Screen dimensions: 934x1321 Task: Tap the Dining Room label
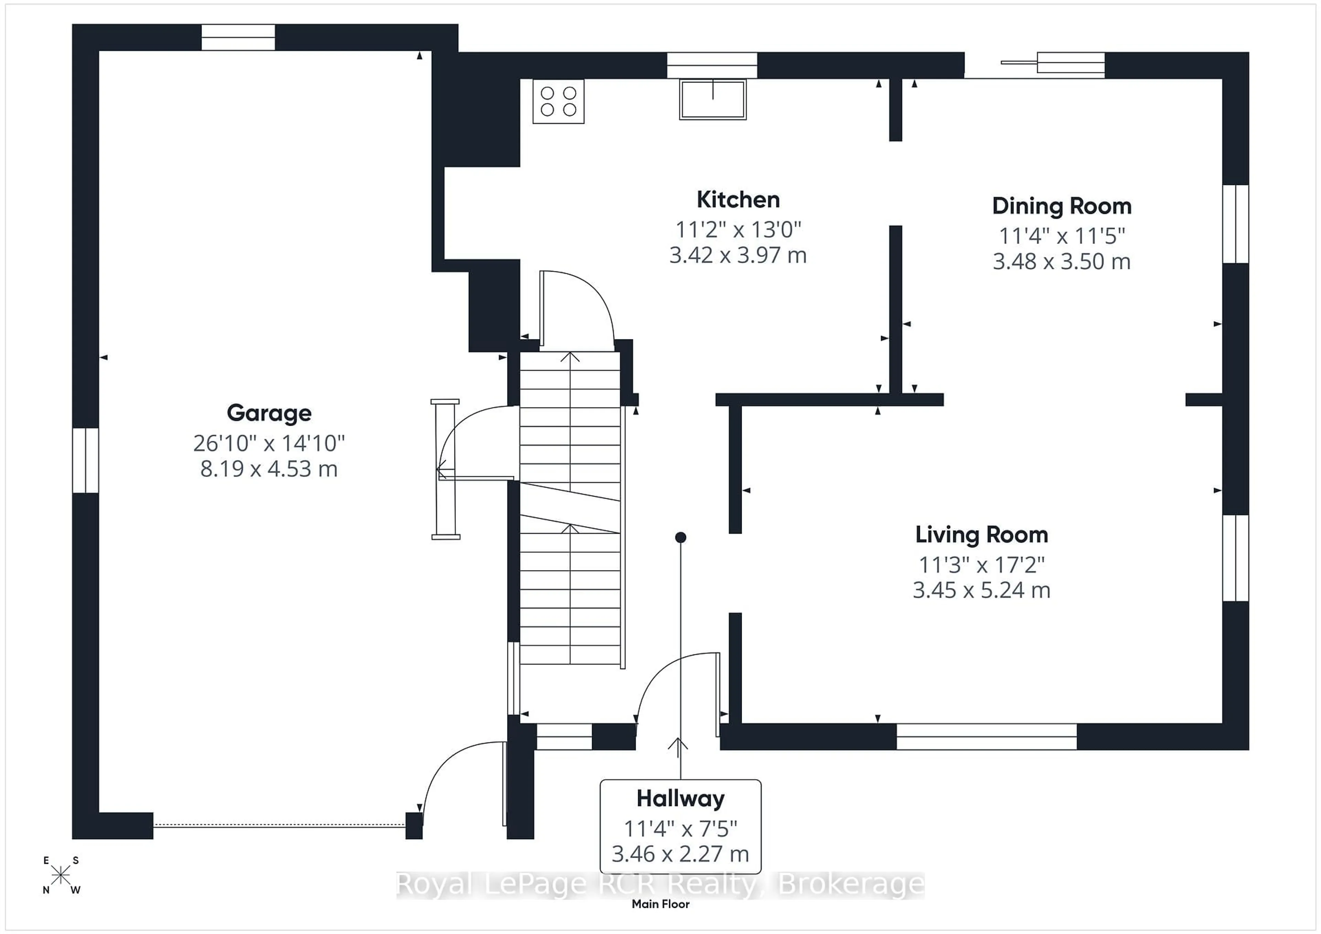[x=1062, y=206]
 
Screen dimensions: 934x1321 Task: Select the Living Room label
[x=981, y=534]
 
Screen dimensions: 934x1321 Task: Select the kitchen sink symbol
[x=712, y=99]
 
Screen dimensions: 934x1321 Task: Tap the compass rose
[x=61, y=875]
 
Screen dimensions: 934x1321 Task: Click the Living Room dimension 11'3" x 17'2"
[x=981, y=564]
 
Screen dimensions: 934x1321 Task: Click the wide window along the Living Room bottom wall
[x=986, y=737]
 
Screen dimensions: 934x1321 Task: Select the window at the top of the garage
[x=238, y=37]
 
